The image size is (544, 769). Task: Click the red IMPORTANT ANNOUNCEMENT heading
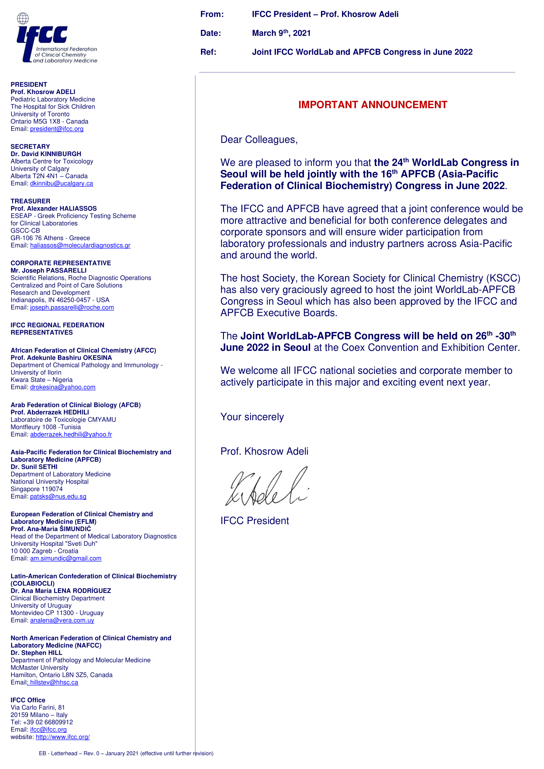pos(373,105)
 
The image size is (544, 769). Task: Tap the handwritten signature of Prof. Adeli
pos(267,487)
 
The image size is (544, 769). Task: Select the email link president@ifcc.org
pos(57,129)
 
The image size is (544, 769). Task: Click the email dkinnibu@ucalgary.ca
pos(61,183)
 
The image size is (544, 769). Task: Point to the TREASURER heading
pos(31,201)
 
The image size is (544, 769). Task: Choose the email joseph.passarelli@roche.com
pos(72,307)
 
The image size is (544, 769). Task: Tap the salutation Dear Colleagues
pos(259,140)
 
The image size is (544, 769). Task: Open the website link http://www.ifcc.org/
pos(62,737)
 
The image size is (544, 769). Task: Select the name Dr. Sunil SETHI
pos(34,467)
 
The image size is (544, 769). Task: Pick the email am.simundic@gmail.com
pos(66,558)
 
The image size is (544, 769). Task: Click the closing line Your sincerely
pos(252,417)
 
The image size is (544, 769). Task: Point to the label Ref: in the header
pos(208,52)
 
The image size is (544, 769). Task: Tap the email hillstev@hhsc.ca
pos(54,682)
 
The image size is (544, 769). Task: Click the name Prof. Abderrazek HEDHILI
pos(50,412)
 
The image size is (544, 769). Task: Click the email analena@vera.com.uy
pos(62,620)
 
